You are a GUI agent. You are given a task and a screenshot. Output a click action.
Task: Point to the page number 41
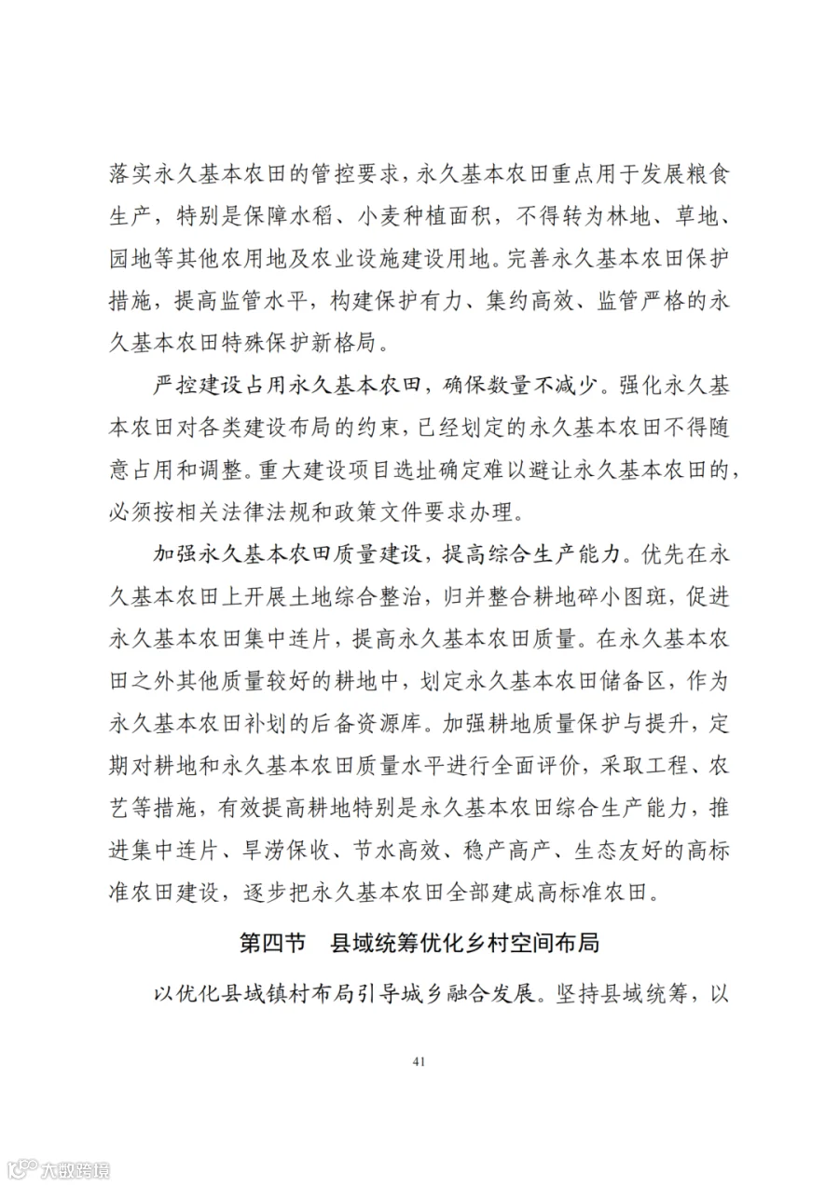coord(419,1061)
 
